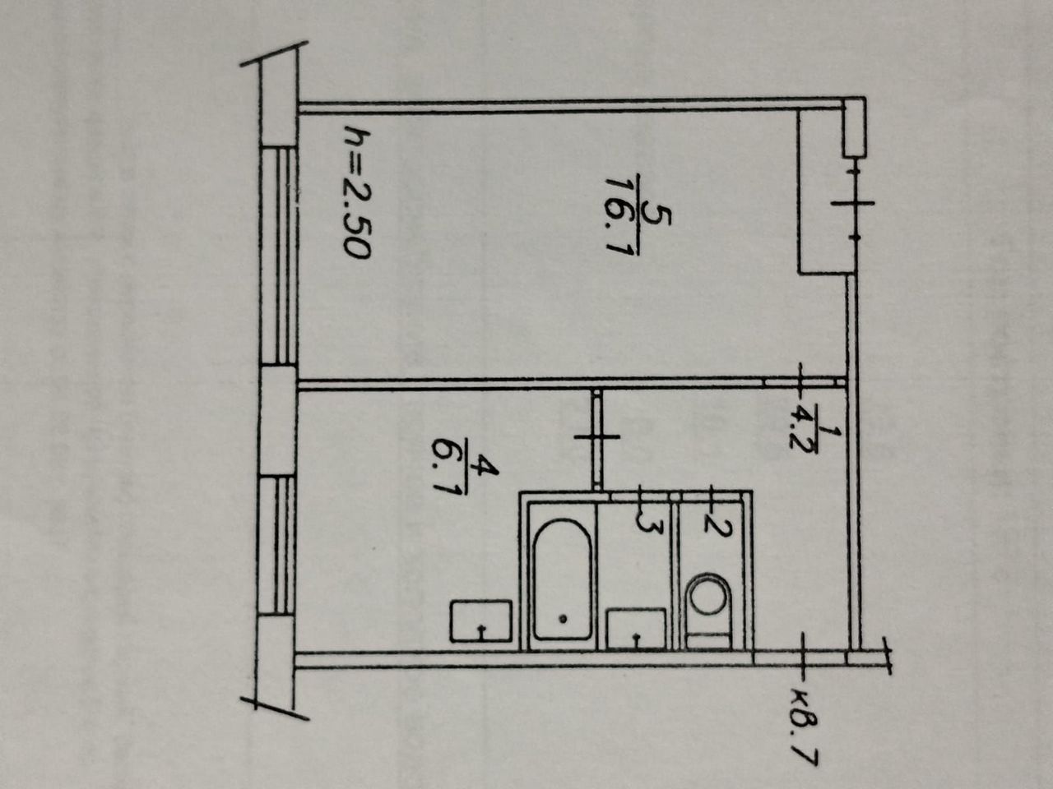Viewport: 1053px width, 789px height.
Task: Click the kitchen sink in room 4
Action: (481, 621)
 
